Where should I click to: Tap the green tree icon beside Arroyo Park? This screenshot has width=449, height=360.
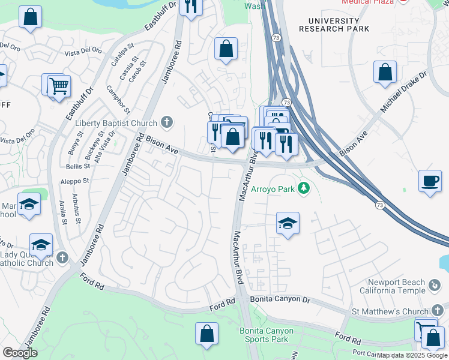(304, 189)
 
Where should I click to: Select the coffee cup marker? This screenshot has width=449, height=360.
(430, 181)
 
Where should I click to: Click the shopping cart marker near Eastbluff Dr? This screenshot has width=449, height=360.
(59, 86)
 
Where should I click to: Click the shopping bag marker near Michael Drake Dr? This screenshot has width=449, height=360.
(385, 71)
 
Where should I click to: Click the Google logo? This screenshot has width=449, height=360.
(20, 353)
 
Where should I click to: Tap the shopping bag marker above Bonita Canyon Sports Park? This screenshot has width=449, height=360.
(206, 334)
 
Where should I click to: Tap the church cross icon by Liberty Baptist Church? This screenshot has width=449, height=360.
(167, 123)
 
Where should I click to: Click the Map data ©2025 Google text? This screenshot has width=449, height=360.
(411, 355)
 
